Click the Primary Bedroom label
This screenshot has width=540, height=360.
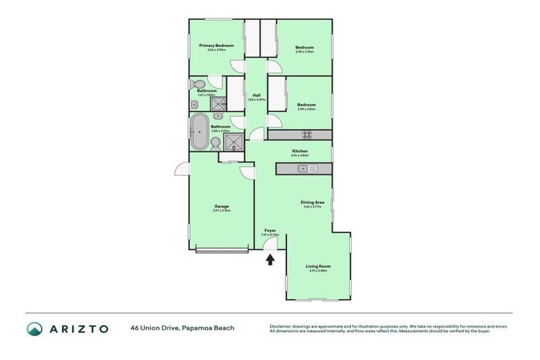point(217,45)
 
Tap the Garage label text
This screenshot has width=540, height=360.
point(221,206)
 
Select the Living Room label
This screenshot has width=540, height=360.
point(318,266)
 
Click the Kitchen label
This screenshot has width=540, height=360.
point(300,151)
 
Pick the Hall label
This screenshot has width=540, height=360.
point(257,95)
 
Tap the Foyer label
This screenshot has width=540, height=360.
point(270,230)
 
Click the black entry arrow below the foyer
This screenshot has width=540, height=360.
point(270,259)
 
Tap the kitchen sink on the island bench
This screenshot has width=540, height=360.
point(307,169)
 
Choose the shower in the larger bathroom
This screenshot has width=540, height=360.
point(233,143)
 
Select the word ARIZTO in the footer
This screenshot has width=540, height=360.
point(79,329)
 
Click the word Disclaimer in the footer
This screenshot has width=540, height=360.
point(283,326)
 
